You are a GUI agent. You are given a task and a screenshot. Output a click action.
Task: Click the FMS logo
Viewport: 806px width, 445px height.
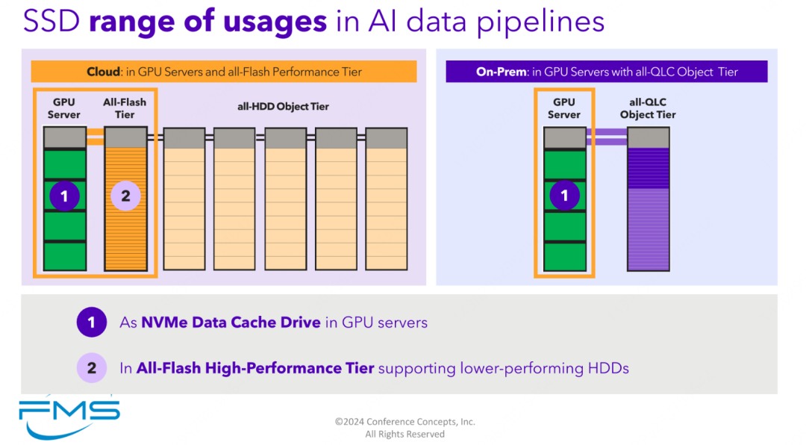[x=69, y=417]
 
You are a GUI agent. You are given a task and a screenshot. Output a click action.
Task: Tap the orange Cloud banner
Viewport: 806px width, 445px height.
[x=224, y=72]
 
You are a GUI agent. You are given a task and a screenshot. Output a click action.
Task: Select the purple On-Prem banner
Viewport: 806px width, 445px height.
[x=607, y=72]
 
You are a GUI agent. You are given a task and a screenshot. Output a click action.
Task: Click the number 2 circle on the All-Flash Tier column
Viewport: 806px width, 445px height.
[x=125, y=196]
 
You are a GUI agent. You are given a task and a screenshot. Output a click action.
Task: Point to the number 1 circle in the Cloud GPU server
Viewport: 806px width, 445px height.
[x=64, y=196]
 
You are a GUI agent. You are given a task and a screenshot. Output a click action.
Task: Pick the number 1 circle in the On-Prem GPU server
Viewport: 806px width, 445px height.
[x=564, y=196]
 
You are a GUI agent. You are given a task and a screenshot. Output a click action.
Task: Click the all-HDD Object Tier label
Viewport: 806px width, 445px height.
[x=283, y=107]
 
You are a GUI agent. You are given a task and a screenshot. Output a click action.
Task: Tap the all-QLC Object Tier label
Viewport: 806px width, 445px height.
[x=648, y=108]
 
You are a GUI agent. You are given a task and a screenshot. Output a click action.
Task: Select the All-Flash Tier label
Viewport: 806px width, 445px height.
[x=125, y=108]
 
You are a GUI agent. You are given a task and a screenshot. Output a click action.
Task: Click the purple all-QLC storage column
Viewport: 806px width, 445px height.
[x=649, y=199]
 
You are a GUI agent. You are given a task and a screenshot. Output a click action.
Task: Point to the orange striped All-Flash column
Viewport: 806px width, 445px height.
[x=125, y=199]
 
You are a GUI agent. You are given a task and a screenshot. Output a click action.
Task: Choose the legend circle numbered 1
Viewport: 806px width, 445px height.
[x=92, y=322]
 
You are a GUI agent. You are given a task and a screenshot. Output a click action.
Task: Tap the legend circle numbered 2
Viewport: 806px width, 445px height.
[x=92, y=368]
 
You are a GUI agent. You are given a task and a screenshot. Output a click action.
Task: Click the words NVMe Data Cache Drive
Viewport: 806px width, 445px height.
[x=231, y=322]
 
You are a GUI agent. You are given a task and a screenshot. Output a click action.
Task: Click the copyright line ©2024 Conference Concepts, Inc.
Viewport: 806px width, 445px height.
[x=405, y=422]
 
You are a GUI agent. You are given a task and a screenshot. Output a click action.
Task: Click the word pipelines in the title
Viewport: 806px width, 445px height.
[x=541, y=22]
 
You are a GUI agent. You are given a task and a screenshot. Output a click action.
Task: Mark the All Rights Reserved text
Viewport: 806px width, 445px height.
[x=405, y=435]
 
